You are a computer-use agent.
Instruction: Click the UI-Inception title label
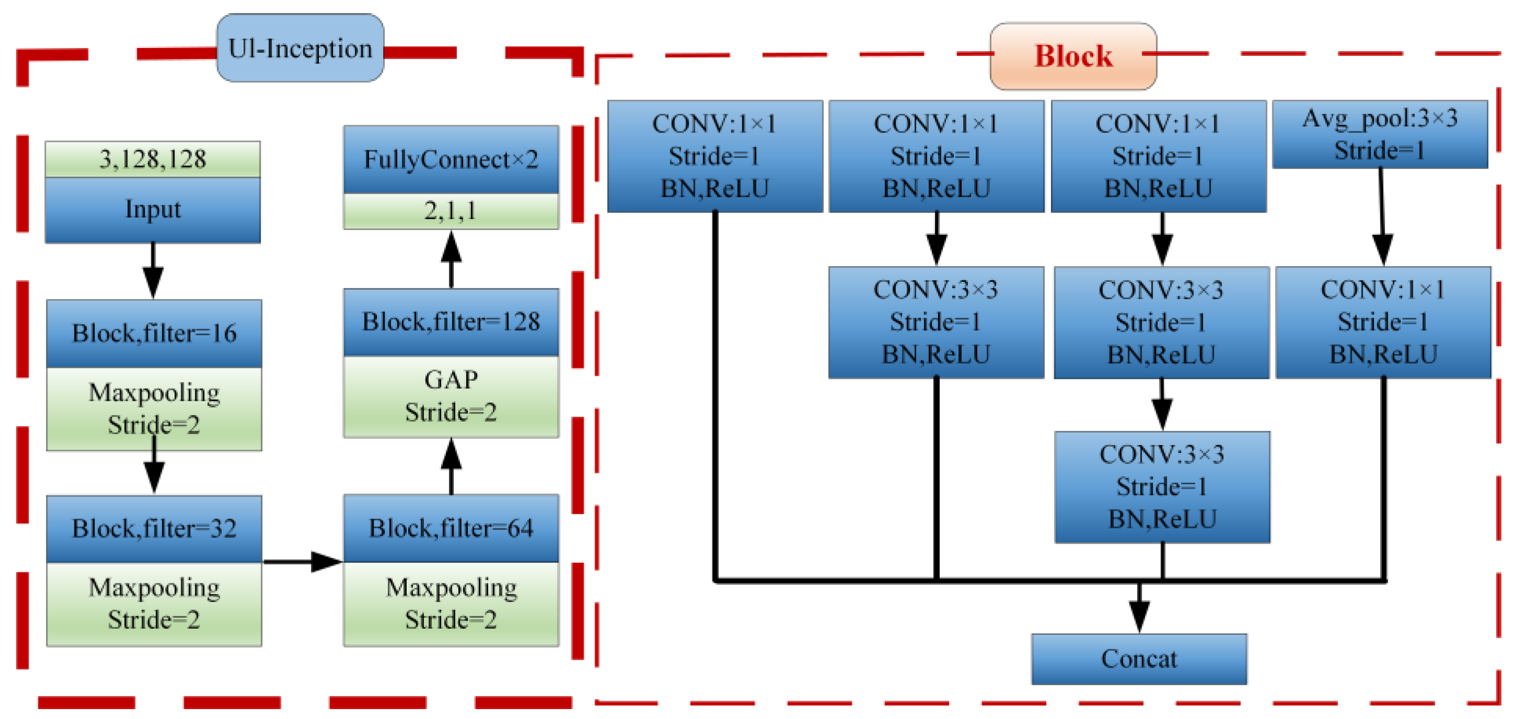300,48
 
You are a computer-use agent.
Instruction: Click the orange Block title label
1073,56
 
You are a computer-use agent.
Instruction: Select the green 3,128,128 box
152,159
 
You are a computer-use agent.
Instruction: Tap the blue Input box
152,210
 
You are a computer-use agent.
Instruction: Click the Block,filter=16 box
153,333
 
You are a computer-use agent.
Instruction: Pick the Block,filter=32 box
153,529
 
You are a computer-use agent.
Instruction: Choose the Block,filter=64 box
451,529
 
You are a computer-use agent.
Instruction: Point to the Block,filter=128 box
451,322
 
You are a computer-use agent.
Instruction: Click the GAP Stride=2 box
451,396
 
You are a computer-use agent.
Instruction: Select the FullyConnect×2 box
451,159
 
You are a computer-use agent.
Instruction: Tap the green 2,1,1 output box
451,211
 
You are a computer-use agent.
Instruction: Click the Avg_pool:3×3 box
1379,135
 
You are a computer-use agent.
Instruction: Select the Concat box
1139,658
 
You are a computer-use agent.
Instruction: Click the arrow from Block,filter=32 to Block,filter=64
302,561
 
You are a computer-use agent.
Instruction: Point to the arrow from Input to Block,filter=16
153,270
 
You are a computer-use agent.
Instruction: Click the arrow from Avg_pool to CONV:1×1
1381,218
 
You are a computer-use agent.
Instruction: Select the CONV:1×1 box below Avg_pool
1383,322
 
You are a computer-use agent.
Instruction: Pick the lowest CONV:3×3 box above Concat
1162,487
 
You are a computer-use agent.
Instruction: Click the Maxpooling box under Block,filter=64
451,604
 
